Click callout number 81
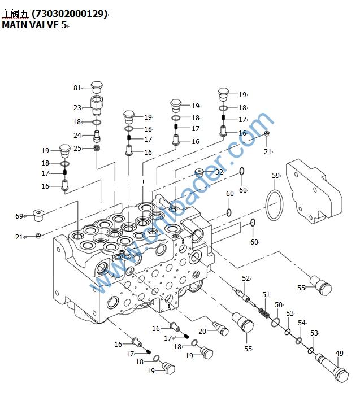click(77, 88)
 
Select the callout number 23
click(77, 107)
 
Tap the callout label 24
click(77, 135)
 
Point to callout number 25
click(77, 148)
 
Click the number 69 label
click(19, 216)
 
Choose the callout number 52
click(246, 278)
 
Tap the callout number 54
click(302, 323)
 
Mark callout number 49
click(339, 354)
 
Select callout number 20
click(202, 331)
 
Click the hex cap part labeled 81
click(96, 88)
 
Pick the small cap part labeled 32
click(201, 172)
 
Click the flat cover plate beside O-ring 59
click(314, 191)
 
